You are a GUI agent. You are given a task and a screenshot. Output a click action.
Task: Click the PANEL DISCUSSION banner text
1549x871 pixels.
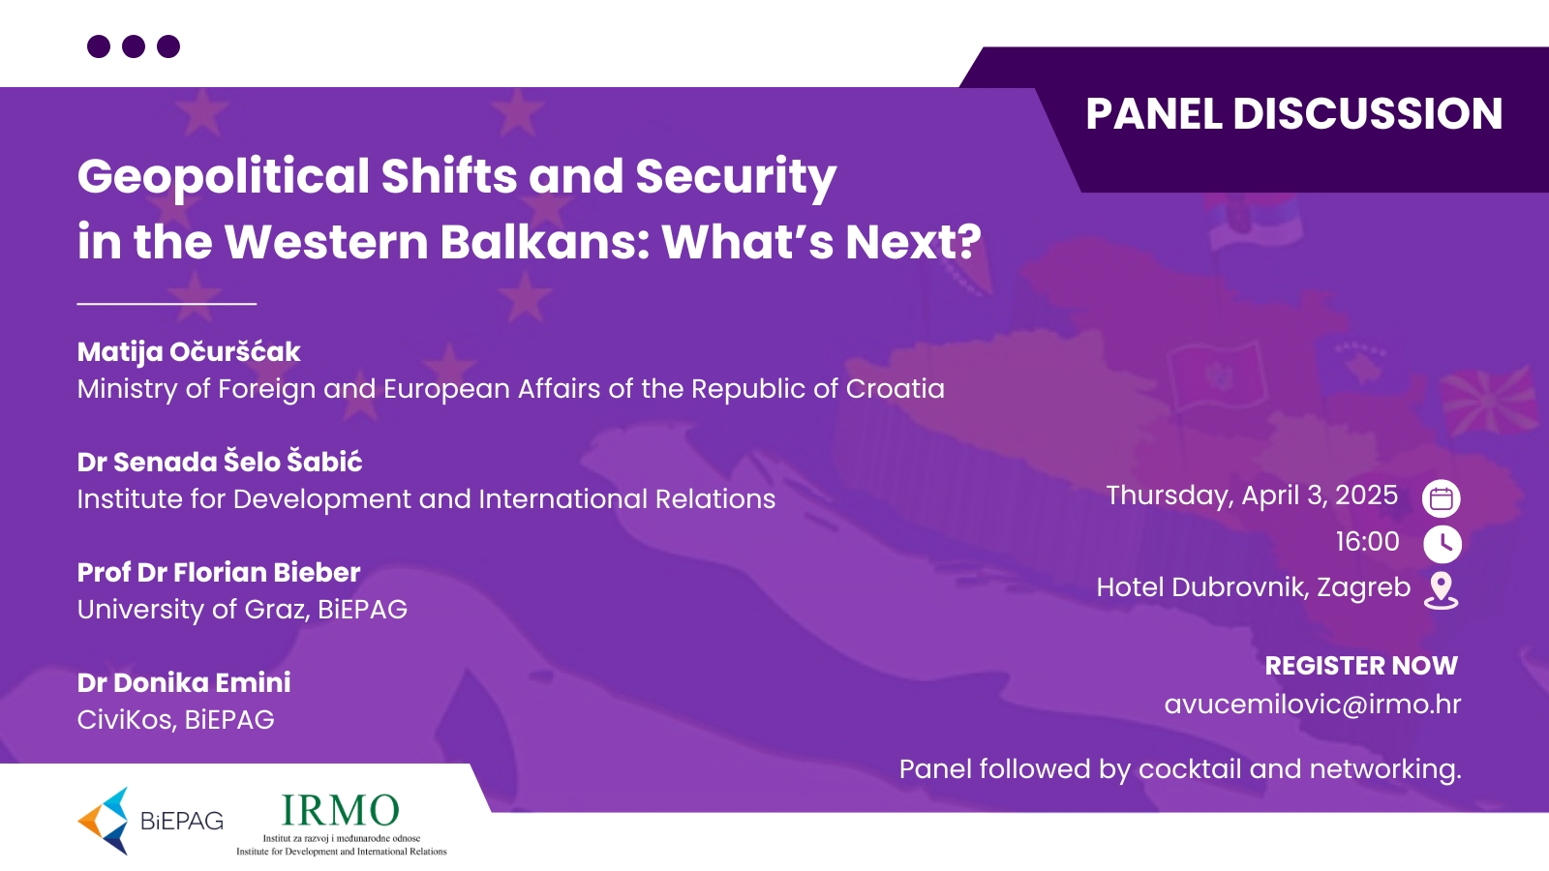[1293, 113]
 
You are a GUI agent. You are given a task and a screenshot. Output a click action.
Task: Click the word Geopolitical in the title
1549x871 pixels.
[224, 178]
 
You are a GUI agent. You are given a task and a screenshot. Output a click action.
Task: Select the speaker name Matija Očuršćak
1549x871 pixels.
[189, 352]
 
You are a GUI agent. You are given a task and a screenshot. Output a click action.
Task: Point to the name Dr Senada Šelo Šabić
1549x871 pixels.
[220, 462]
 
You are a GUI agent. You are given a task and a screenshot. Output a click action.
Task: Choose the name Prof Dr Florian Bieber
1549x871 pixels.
[219, 572]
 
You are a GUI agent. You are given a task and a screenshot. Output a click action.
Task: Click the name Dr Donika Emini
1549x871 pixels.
[184, 683]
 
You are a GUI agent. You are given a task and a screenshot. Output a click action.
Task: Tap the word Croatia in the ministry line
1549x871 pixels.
[896, 388]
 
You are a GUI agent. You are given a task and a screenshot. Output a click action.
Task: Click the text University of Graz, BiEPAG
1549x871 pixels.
[242, 610]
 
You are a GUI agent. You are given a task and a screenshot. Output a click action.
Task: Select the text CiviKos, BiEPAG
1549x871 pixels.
[175, 720]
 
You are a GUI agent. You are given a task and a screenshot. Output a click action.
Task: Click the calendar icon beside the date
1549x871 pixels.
[1442, 498]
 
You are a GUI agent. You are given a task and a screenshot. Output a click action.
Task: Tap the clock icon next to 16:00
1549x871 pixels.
[1443, 544]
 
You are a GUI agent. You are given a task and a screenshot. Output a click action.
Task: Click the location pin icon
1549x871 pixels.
[1442, 591]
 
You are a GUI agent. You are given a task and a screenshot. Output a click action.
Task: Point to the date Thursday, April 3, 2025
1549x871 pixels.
[1252, 496]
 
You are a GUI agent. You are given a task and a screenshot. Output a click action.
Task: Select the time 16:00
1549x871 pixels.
[1368, 541]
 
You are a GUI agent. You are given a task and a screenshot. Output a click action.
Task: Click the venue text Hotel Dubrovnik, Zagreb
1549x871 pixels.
[1253, 587]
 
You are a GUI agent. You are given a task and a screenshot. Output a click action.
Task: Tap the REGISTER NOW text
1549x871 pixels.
[1361, 666]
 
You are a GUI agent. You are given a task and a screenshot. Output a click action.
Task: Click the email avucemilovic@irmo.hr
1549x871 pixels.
[1313, 705]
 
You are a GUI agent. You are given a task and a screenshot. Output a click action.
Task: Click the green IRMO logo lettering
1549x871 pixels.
[340, 810]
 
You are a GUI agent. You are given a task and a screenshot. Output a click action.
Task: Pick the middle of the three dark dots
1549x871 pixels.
[134, 46]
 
